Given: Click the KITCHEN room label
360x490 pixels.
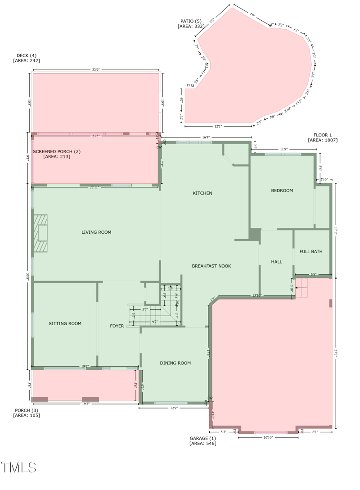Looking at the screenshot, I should click(202, 193).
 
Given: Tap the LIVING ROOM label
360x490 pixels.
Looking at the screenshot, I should click(96, 232).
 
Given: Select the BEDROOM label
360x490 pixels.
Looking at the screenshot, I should click(282, 191).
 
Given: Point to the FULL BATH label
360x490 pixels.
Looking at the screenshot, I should click(311, 251).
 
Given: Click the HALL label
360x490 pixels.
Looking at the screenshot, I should click(276, 262).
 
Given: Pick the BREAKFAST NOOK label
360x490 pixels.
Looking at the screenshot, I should click(211, 266).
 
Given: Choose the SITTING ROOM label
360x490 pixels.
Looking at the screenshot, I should click(65, 323).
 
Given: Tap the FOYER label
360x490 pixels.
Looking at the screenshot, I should click(117, 326).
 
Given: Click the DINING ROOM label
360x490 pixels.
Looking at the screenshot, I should click(175, 363).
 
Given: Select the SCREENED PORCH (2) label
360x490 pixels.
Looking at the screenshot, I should click(57, 152).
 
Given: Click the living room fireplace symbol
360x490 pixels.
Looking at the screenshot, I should click(41, 233).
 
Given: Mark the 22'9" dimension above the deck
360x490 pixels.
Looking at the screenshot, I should click(96, 70).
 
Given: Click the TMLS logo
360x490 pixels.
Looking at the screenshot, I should click(19, 467).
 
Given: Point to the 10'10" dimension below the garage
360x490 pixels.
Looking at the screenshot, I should click(268, 437).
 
